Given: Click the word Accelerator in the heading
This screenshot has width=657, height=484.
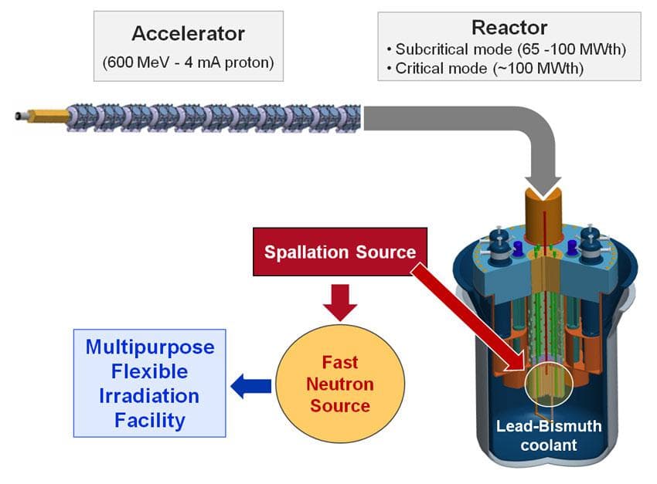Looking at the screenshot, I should (188, 33).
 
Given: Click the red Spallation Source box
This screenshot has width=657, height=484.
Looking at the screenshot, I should (340, 252).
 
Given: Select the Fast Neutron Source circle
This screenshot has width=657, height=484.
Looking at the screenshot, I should (339, 384).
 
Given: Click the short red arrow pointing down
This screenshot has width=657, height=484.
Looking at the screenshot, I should (340, 303).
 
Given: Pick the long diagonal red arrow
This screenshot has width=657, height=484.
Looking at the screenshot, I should (464, 316).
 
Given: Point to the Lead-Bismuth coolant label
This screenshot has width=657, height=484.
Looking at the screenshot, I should (548, 435).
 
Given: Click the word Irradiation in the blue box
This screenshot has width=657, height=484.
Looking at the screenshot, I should (149, 396).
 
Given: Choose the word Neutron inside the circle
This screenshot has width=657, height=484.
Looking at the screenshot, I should (339, 384).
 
